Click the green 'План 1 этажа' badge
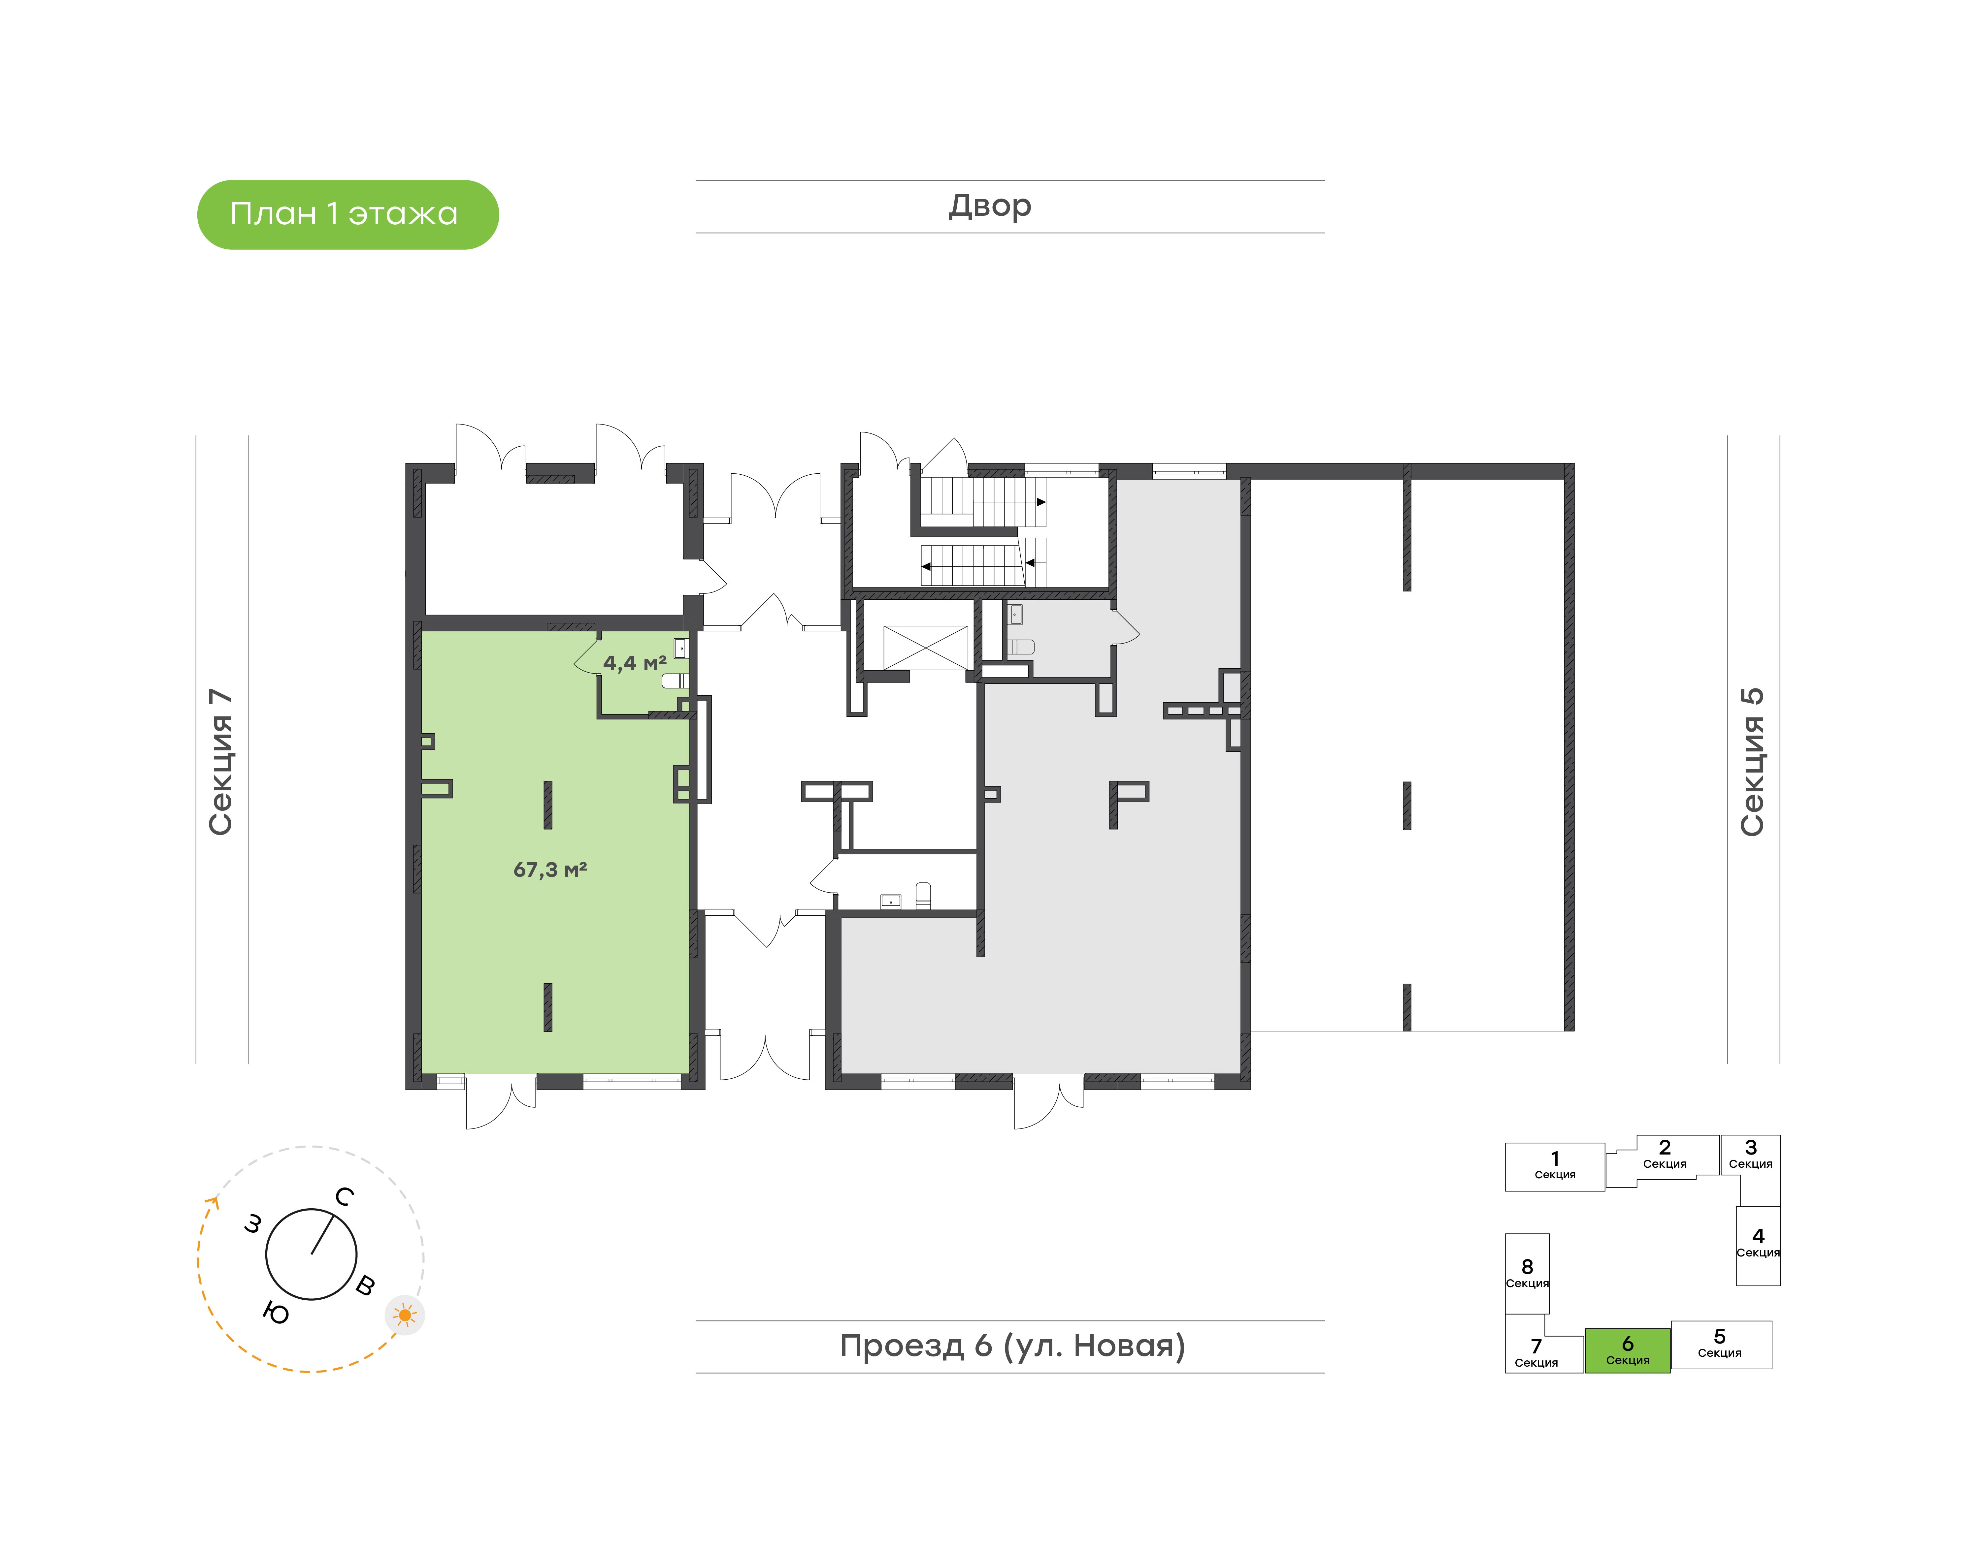347,215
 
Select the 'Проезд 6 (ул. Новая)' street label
1012,1346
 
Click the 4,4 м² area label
635,663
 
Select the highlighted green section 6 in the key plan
1627,1350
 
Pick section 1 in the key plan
1554,1167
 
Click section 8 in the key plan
1527,1273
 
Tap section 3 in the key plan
1750,1155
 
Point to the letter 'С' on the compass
344,1196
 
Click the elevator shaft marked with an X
926,648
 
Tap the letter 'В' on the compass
365,1285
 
